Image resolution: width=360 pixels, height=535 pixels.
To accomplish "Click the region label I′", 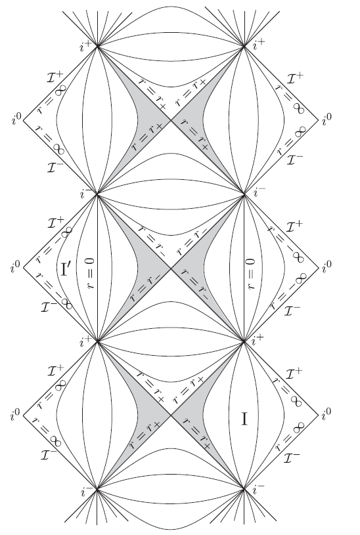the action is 66,268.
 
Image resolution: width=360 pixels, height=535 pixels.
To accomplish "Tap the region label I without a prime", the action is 244,419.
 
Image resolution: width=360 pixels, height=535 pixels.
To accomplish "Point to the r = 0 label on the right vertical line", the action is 250,274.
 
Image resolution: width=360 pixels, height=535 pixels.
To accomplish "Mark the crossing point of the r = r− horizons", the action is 171,268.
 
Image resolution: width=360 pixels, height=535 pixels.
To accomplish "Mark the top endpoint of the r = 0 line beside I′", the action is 97,194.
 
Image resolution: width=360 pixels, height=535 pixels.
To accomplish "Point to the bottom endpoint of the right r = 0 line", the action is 244,341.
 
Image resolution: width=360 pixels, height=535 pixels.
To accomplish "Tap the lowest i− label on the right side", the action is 258,490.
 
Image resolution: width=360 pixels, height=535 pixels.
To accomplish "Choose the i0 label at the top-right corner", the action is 326,118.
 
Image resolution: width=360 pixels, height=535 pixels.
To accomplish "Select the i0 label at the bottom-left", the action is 15,414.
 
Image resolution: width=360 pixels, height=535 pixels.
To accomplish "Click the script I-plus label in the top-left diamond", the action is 56,76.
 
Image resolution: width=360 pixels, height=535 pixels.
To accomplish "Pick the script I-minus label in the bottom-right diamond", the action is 292,457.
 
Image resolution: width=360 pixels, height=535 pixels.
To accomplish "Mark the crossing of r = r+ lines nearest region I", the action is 171,416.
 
